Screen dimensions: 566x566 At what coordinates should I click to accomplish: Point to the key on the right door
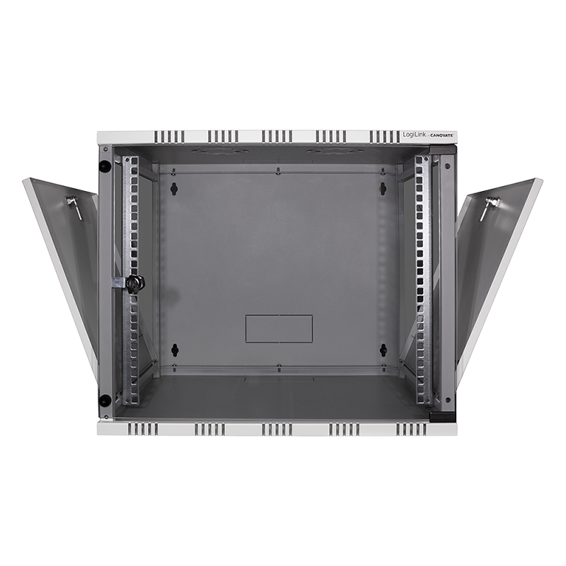click(489, 207)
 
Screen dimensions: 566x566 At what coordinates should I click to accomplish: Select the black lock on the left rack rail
click(134, 283)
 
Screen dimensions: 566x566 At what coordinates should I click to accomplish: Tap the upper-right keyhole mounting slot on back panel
click(383, 188)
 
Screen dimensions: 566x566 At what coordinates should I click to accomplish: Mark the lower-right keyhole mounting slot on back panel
click(383, 350)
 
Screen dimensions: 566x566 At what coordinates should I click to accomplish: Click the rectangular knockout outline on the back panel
click(279, 328)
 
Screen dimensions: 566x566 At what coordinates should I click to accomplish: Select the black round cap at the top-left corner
click(105, 166)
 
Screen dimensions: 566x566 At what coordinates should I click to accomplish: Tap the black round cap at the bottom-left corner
click(105, 400)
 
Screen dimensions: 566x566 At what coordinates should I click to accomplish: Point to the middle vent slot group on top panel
click(277, 136)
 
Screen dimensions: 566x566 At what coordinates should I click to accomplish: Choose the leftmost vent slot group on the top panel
click(169, 136)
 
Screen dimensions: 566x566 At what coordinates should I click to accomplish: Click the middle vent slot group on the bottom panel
click(277, 429)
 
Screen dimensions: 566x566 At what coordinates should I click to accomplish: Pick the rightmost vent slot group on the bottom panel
click(411, 429)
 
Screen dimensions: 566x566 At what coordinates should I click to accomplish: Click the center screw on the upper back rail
click(279, 170)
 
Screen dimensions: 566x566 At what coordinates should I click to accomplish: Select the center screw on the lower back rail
click(279, 367)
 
